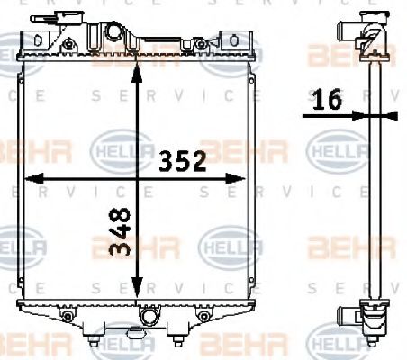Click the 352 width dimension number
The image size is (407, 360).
click(x=184, y=161)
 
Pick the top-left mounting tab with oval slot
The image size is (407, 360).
click(x=39, y=40)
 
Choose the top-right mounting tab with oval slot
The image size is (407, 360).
click(x=233, y=40)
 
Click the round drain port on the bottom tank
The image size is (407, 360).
click(x=150, y=317)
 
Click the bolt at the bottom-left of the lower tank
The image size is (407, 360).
click(x=67, y=318)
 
